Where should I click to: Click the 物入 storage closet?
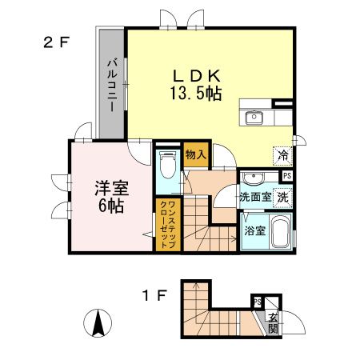pos(194,154)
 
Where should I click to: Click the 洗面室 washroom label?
pos(255,196)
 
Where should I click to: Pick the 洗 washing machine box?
pos(284,195)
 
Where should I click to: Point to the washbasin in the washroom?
pos(254,178)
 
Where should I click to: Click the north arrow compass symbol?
pos(98,324)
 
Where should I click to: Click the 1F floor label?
pos(155,296)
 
